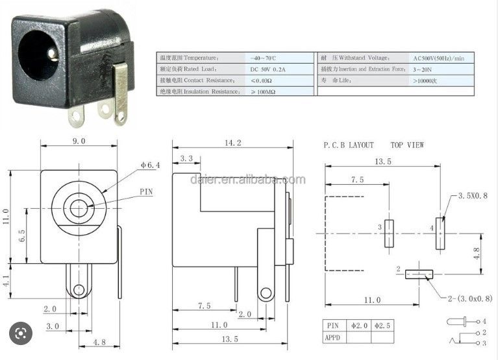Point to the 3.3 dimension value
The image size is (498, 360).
[x=186, y=158]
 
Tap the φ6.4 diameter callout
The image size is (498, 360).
[x=150, y=165]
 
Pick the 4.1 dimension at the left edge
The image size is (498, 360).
[x=6, y=283]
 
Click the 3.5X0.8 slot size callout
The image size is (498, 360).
[x=472, y=195]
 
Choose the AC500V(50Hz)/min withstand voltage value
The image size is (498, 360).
[x=443, y=58]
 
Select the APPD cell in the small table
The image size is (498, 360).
[x=334, y=337]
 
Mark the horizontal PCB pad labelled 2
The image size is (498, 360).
[x=417, y=274]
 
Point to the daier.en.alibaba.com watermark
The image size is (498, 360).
[x=247, y=180]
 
